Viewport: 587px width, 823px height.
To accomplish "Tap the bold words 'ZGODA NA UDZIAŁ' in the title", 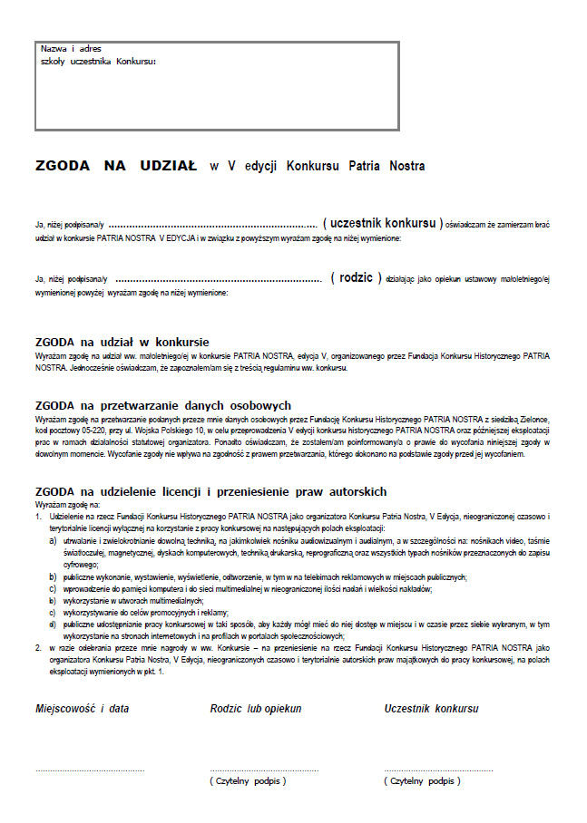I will click(115, 166).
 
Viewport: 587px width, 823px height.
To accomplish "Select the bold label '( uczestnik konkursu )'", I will click(386, 223).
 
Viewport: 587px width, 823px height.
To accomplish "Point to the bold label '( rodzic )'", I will click(356, 277).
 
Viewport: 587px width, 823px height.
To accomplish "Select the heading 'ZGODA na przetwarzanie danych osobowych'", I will click(162, 405).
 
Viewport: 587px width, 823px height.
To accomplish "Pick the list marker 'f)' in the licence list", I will click(54, 624).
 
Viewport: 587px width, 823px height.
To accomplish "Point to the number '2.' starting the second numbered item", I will click(39, 647).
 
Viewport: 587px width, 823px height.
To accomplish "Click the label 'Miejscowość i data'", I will click(82, 708).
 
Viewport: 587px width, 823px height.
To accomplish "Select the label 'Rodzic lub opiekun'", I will click(256, 708).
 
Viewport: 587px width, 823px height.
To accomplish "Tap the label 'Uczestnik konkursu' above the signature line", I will click(431, 708).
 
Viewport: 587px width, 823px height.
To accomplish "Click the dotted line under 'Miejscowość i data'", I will click(89, 770).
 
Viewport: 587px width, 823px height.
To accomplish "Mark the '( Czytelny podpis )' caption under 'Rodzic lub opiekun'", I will click(248, 780).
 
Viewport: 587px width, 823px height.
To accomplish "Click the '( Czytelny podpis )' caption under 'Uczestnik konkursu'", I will click(422, 780).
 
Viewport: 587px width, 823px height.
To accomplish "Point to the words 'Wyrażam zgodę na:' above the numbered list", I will click(68, 503).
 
